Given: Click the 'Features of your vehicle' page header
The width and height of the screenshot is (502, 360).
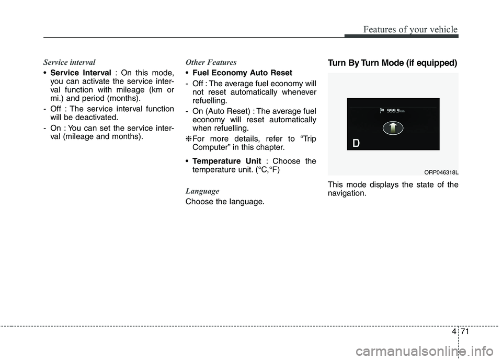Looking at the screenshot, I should (x=412, y=30).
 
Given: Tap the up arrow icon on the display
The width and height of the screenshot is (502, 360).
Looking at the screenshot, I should (x=393, y=127).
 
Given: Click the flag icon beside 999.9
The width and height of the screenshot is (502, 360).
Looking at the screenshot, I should (x=381, y=110).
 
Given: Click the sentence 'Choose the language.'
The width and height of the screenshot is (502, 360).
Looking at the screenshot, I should (x=225, y=202).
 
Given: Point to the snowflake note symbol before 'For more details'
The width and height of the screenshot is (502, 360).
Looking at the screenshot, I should (x=189, y=138).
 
